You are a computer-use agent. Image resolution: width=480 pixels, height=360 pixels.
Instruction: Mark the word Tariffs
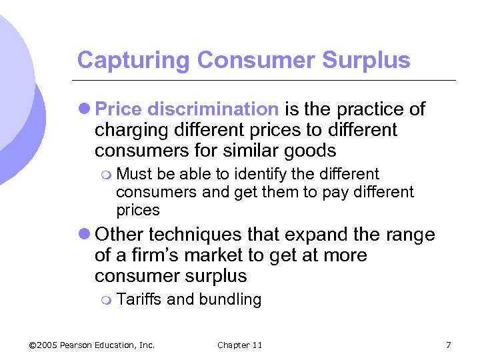pyautogui.click(x=139, y=299)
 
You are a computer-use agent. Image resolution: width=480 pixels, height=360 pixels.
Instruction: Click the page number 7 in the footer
pyautogui.click(x=448, y=345)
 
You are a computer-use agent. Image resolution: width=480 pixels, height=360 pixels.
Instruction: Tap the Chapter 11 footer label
pyautogui.click(x=239, y=345)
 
